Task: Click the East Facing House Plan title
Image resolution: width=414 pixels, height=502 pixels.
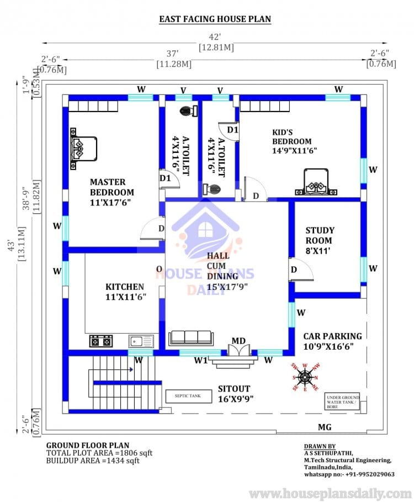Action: (215, 19)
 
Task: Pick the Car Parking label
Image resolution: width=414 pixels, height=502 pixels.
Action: (332, 341)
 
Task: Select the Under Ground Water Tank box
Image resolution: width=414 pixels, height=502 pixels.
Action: (343, 401)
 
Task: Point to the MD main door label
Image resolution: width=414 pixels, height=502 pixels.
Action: (238, 340)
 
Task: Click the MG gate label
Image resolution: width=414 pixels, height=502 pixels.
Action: (325, 427)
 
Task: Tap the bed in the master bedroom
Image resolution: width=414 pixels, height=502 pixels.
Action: (83, 147)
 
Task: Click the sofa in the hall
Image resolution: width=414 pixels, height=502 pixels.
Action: (190, 337)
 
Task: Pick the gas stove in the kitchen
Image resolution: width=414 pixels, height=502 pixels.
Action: (100, 341)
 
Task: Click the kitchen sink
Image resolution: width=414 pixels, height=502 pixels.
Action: (141, 341)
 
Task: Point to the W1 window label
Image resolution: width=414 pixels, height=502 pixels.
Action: (200, 361)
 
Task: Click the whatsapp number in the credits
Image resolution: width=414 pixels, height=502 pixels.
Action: (349, 474)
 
